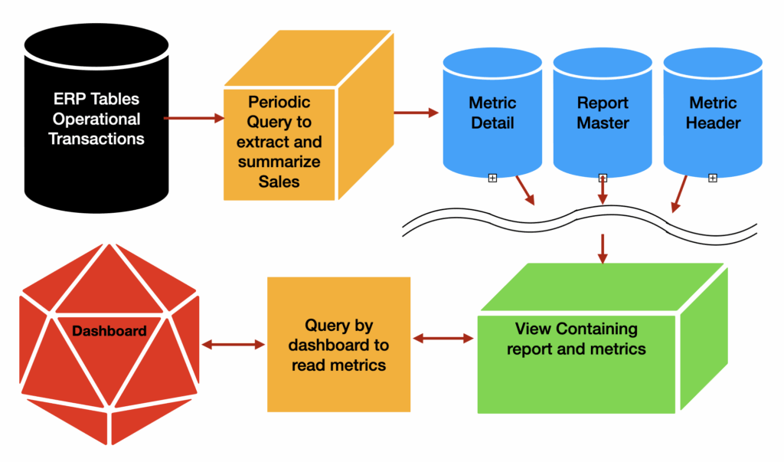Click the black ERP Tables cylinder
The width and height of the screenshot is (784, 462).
click(x=96, y=123)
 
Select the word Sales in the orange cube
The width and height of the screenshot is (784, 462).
click(x=279, y=182)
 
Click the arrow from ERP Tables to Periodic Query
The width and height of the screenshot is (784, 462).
click(x=194, y=118)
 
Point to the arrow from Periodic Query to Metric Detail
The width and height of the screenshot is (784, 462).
click(x=415, y=113)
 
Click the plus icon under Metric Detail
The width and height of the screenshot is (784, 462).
click(x=492, y=178)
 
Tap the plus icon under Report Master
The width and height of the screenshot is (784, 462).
click(x=603, y=178)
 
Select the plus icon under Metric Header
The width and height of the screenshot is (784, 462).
click(x=712, y=178)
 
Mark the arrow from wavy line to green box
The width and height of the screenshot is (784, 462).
click(x=603, y=247)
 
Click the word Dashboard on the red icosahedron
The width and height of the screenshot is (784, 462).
click(x=109, y=332)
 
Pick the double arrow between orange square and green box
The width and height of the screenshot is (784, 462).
click(x=443, y=337)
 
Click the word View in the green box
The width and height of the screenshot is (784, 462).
click(x=533, y=329)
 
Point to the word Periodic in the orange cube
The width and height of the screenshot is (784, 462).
click(x=279, y=102)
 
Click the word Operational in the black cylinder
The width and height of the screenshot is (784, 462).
click(x=96, y=119)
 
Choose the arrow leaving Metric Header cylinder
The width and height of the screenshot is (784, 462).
click(x=678, y=195)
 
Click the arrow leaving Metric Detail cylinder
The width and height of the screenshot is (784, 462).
click(x=524, y=190)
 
